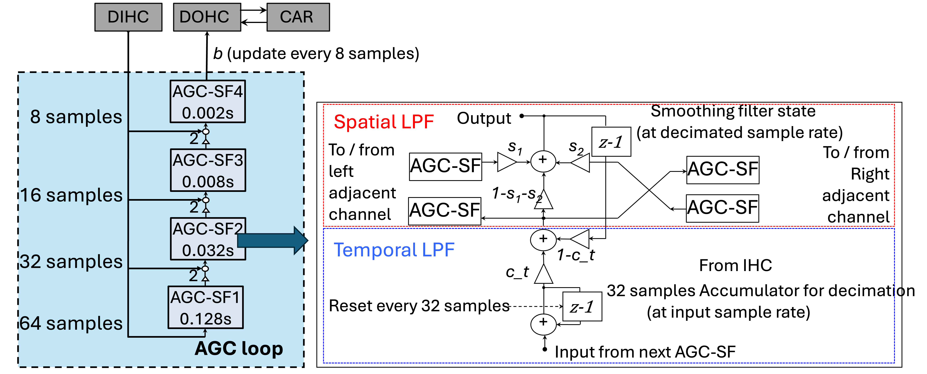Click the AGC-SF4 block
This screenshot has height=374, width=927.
(x=208, y=101)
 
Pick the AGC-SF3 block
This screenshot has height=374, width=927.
(x=208, y=170)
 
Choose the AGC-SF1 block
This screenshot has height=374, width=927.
(x=206, y=307)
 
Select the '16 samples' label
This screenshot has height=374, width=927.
(x=71, y=195)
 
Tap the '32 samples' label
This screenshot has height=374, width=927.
(x=71, y=262)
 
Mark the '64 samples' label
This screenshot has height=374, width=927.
(x=71, y=323)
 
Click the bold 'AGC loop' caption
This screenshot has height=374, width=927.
(x=239, y=348)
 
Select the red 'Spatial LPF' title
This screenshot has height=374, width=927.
(x=384, y=122)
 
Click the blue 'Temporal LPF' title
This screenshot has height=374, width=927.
(x=394, y=250)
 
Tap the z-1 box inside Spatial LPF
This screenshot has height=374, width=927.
(x=611, y=142)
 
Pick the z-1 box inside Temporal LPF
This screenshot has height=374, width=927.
(x=582, y=307)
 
